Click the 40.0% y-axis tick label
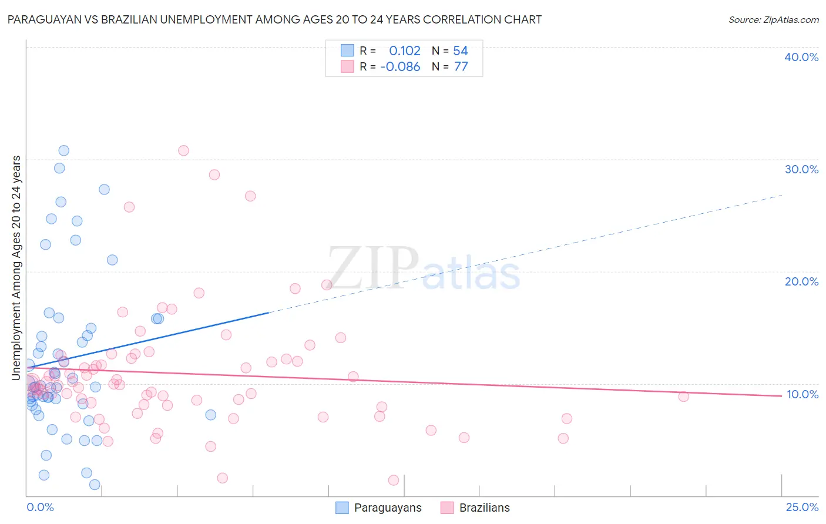(801, 57)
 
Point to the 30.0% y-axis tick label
(801, 169)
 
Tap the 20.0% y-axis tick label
(801, 281)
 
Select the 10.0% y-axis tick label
(802, 394)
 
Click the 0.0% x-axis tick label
(40, 507)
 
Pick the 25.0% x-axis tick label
(802, 507)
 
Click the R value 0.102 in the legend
(405, 51)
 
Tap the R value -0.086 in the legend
(400, 67)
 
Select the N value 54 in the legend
(461, 51)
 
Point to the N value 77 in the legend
(461, 67)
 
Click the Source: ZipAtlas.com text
(774, 20)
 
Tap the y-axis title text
(16, 267)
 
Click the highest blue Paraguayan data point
(63, 150)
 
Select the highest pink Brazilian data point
(183, 150)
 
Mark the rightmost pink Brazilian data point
(683, 397)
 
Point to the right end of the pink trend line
(781, 396)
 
